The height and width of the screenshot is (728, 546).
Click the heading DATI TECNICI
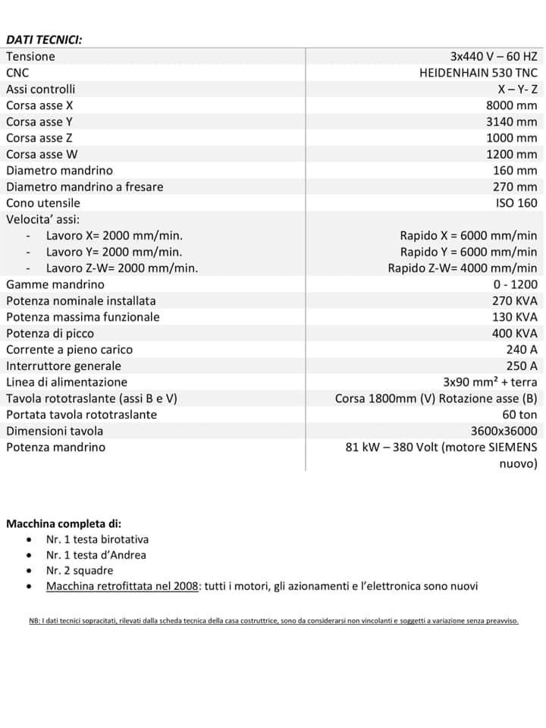44,39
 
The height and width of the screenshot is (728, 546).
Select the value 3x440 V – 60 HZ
493,56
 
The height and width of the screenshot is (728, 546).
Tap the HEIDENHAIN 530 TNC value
478,73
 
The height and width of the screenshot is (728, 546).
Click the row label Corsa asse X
39,105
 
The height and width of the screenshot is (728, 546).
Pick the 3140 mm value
511,121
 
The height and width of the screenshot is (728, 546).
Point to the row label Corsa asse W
42,154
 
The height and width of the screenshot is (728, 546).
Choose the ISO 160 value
516,202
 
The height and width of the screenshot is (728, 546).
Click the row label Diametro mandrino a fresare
84,187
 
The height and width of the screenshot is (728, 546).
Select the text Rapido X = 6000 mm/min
468,235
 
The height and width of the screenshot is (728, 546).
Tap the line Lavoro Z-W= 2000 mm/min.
121,268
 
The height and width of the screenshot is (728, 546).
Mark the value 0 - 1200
514,284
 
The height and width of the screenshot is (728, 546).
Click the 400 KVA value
514,333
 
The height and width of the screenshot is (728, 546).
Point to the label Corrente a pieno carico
69,350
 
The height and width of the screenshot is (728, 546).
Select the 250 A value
521,366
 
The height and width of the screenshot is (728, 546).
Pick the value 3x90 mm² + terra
490,382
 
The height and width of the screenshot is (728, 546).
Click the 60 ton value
519,414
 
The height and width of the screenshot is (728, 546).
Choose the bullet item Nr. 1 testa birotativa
97,539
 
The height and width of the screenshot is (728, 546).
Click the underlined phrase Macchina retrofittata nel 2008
122,586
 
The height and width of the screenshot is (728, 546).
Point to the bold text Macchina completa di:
63,523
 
